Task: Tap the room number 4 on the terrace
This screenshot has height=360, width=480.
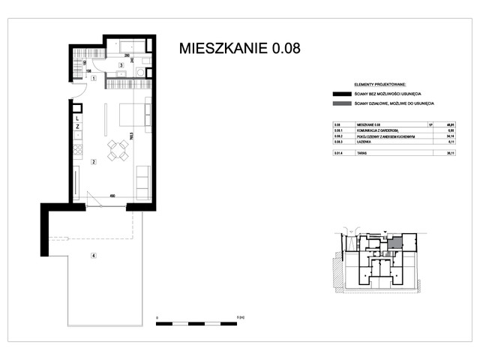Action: click(93, 256)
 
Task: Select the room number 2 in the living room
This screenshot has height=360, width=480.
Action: click(93, 161)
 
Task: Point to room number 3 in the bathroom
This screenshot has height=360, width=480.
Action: click(121, 66)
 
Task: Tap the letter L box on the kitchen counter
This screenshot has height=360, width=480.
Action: click(78, 118)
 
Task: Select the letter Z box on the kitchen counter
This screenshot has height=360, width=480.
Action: click(78, 127)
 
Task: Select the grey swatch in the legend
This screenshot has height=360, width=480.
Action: click(342, 103)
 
